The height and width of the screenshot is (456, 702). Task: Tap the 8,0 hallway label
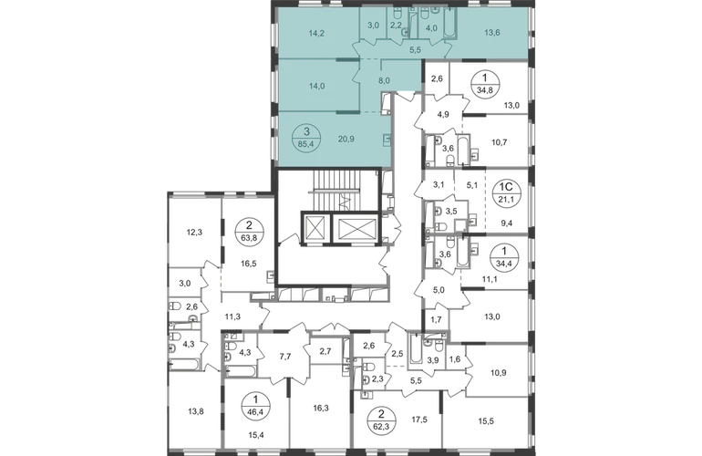tap(384, 80)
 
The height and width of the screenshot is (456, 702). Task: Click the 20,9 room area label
tap(345, 140)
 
